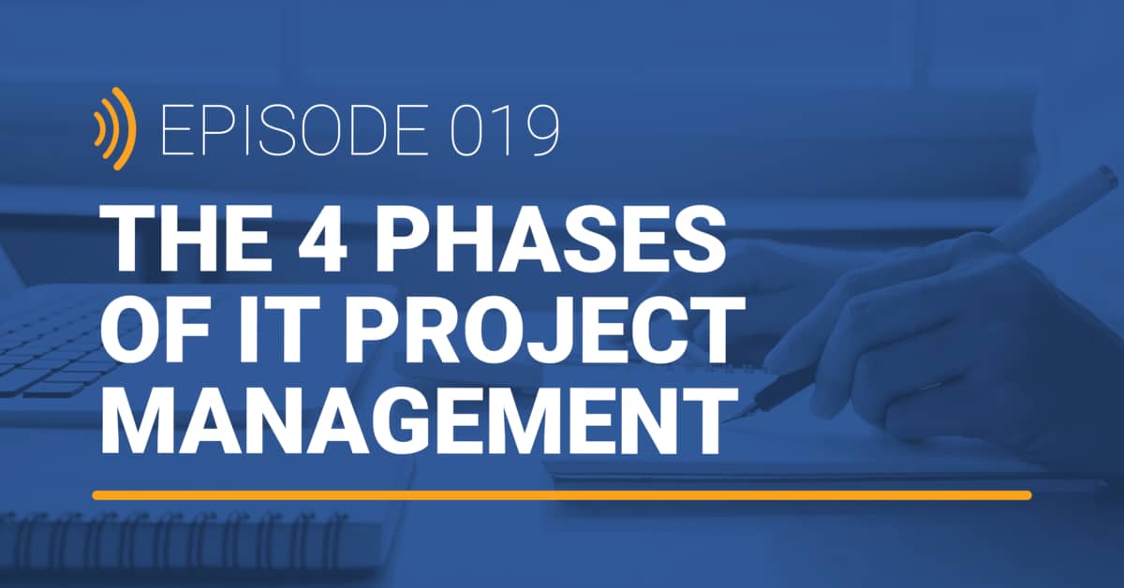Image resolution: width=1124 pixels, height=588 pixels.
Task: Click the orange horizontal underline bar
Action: [x=562, y=494]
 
